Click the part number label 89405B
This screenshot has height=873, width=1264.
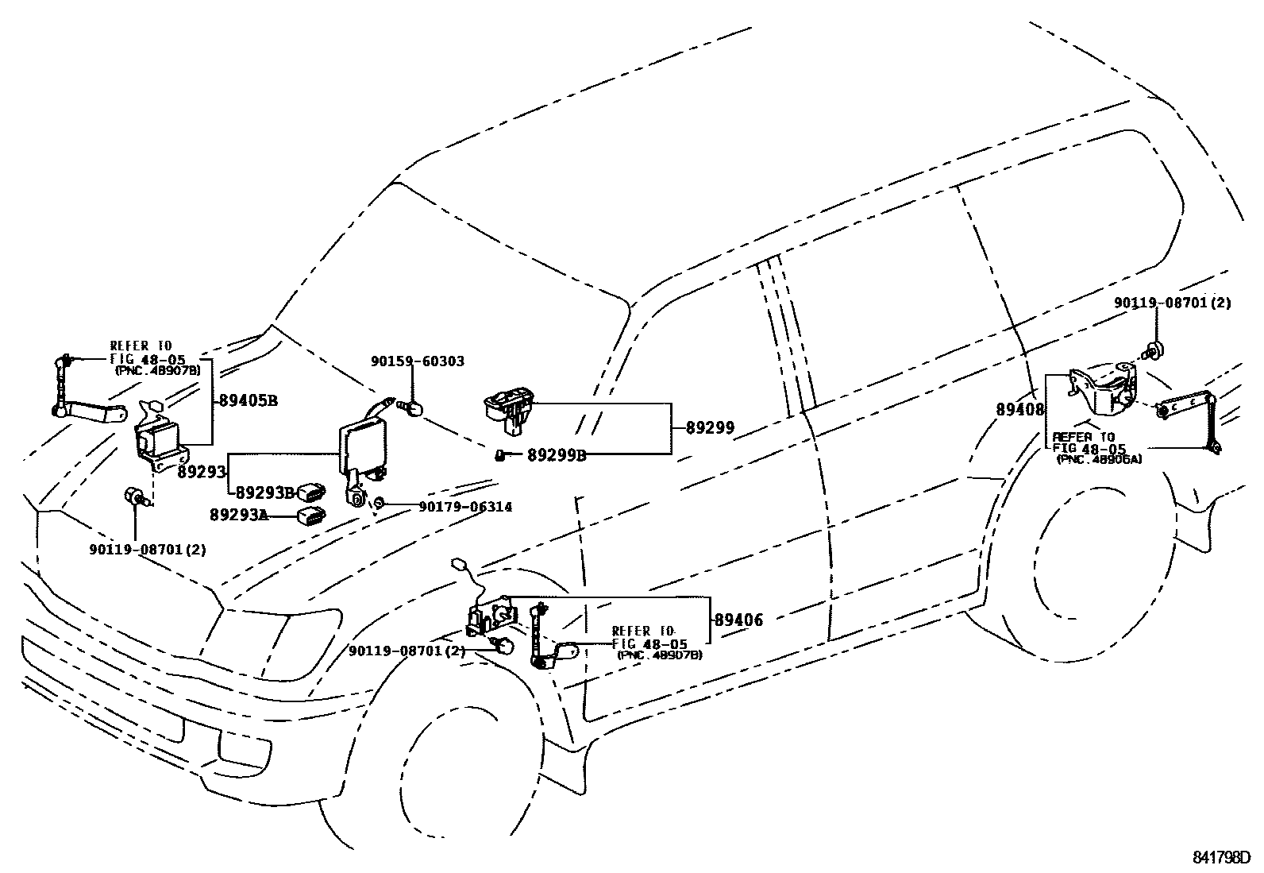pyautogui.click(x=247, y=400)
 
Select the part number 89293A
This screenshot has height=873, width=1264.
pyautogui.click(x=238, y=515)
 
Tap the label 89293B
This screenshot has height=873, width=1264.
pyautogui.click(x=265, y=492)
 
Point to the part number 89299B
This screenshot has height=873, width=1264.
pyautogui.click(x=557, y=455)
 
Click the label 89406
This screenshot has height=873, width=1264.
pyautogui.click(x=738, y=620)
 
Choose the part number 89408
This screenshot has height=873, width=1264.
pyautogui.click(x=1021, y=409)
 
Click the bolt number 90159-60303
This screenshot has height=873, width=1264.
pyautogui.click(x=418, y=361)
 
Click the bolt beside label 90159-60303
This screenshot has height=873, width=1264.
pyautogui.click(x=413, y=408)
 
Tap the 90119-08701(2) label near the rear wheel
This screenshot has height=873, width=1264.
pyautogui.click(x=1172, y=303)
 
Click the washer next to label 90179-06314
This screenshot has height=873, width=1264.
pyautogui.click(x=380, y=503)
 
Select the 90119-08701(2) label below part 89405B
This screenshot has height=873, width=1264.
pyautogui.click(x=147, y=549)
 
